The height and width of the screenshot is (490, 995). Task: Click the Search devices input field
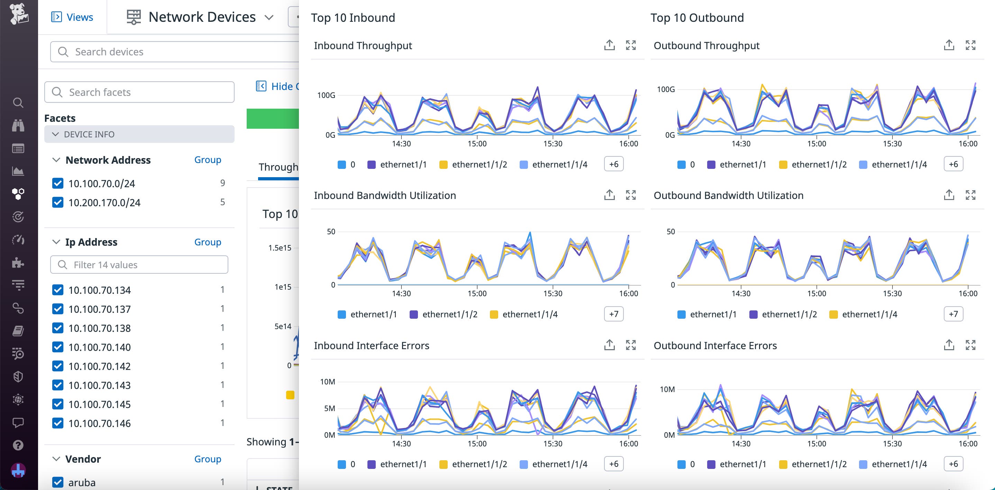click(174, 52)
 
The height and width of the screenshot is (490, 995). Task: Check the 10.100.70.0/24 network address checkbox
click(57, 183)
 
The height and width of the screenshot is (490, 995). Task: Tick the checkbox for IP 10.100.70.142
click(57, 366)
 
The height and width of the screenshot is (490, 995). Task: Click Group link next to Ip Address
click(208, 242)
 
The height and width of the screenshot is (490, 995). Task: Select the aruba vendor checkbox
click(57, 482)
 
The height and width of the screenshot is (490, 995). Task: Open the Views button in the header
click(72, 17)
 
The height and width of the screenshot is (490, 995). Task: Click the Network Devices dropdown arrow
click(269, 17)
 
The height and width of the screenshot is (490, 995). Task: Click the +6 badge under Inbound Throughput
click(613, 164)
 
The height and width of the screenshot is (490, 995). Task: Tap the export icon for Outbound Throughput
click(949, 45)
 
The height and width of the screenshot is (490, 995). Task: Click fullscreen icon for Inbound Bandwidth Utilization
click(631, 195)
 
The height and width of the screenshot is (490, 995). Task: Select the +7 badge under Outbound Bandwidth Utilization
click(953, 314)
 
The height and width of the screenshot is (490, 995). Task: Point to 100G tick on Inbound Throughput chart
click(326, 95)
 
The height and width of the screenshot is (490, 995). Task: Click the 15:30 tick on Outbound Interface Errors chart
click(892, 444)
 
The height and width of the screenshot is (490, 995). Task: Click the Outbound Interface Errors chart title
click(715, 345)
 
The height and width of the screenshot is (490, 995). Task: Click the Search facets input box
click(139, 92)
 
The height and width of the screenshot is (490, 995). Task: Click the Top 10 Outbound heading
click(697, 18)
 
